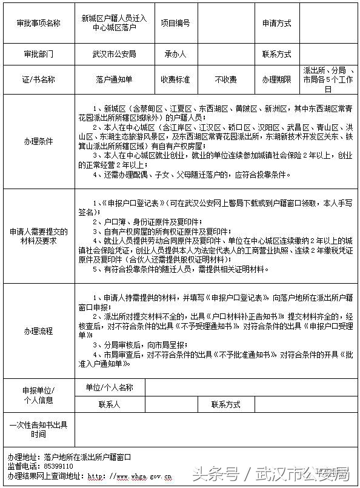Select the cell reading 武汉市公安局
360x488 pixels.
(x=115, y=54)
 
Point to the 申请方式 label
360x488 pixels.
(x=276, y=23)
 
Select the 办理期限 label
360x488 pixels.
(x=276, y=79)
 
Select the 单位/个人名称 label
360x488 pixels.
(x=109, y=387)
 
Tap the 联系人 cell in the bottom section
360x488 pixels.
(x=109, y=404)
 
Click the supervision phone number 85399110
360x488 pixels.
(x=58, y=466)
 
